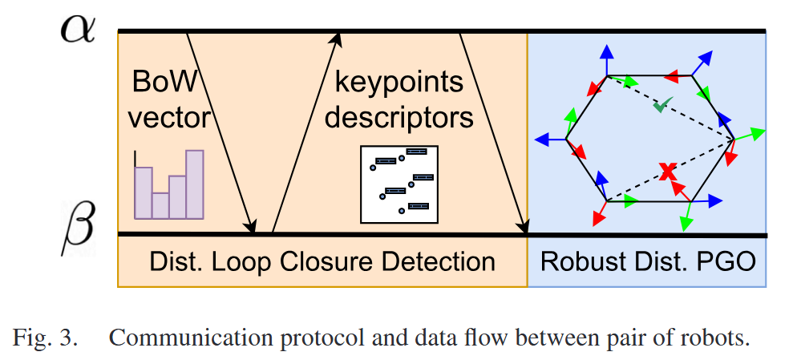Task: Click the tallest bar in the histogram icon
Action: (195, 184)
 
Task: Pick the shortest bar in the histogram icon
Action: (160, 204)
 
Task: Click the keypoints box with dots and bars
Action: (398, 184)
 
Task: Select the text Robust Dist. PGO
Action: (648, 261)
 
